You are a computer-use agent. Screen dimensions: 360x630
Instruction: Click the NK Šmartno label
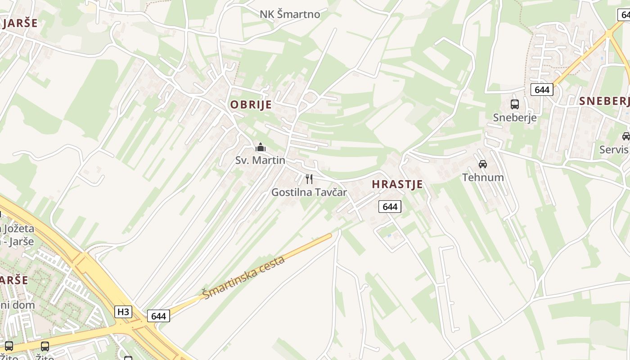pyautogui.click(x=290, y=14)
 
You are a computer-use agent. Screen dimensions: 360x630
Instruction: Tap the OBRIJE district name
pyautogui.click(x=251, y=105)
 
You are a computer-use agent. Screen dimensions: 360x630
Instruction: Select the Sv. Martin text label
pyautogui.click(x=260, y=160)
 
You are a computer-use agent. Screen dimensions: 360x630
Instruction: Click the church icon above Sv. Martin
pyautogui.click(x=261, y=147)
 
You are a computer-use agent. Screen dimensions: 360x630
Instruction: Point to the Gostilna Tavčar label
pyautogui.click(x=309, y=193)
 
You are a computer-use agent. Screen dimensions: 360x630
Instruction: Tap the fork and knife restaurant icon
pyautogui.click(x=309, y=179)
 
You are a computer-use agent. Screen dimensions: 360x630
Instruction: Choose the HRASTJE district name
pyautogui.click(x=397, y=184)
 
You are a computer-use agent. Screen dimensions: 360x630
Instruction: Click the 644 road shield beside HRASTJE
pyautogui.click(x=390, y=207)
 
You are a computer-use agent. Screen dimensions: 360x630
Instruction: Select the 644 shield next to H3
pyautogui.click(x=158, y=316)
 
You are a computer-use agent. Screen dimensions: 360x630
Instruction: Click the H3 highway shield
pyautogui.click(x=123, y=312)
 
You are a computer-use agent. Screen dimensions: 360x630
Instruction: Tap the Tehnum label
pyautogui.click(x=483, y=177)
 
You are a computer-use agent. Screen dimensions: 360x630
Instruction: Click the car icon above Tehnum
pyautogui.click(x=483, y=164)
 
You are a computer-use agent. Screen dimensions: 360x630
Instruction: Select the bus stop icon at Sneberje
pyautogui.click(x=515, y=104)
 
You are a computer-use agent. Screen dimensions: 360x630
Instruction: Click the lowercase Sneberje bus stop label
pyautogui.click(x=515, y=118)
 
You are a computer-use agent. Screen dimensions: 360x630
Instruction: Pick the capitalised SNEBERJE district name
pyautogui.click(x=604, y=101)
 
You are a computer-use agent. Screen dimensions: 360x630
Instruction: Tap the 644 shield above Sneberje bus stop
pyautogui.click(x=542, y=90)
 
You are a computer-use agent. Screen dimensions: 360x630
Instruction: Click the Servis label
pyautogui.click(x=614, y=149)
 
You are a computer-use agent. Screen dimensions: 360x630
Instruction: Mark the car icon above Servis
pyautogui.click(x=626, y=136)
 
